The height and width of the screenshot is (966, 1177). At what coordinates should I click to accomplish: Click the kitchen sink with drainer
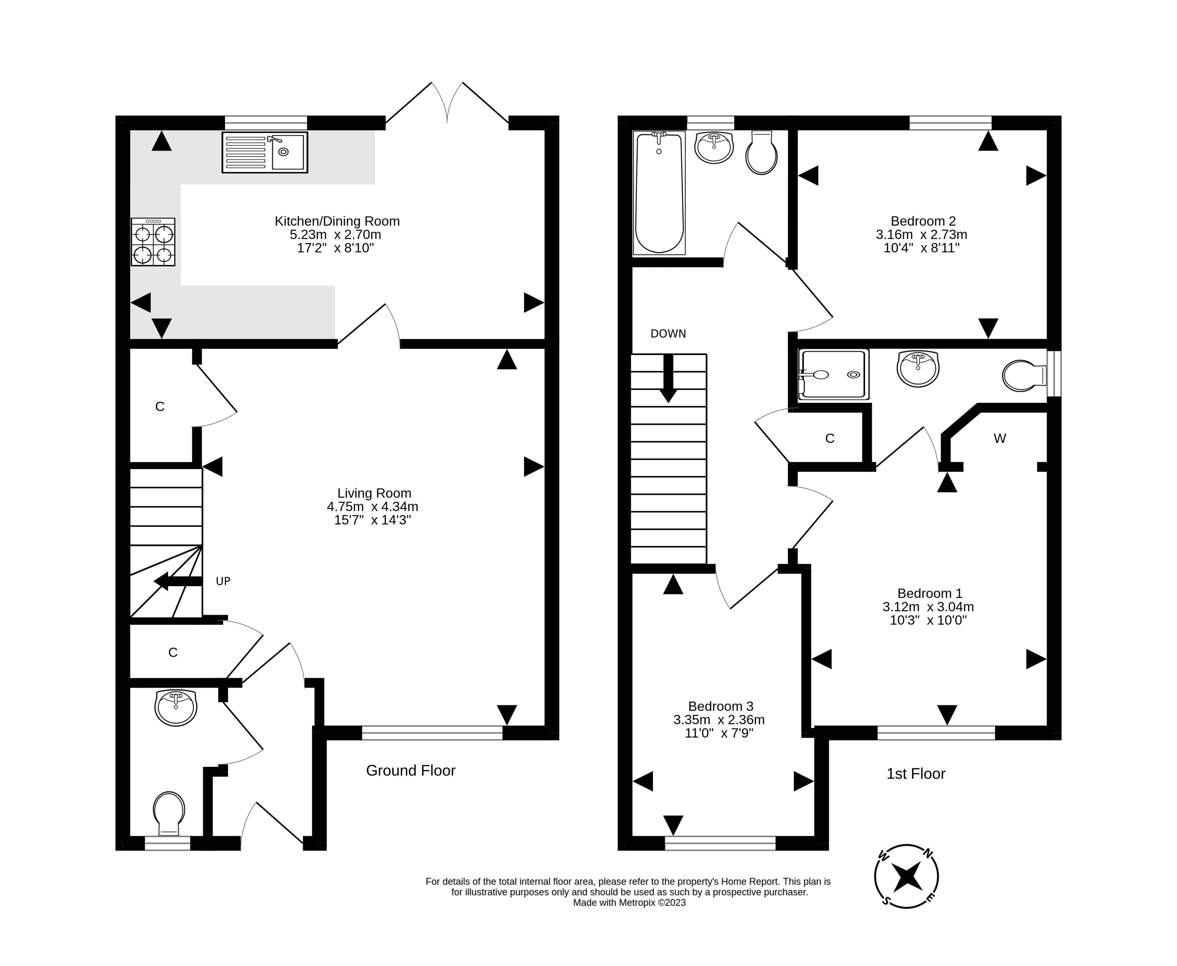tap(264, 152)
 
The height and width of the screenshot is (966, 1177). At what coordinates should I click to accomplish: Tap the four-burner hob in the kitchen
tap(153, 242)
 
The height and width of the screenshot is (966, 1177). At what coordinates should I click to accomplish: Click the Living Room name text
tap(374, 493)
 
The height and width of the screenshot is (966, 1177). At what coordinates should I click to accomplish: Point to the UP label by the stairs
tap(223, 581)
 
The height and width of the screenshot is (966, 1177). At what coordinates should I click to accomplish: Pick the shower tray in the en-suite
tap(833, 375)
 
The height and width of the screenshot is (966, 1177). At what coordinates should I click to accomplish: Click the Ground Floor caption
tap(411, 771)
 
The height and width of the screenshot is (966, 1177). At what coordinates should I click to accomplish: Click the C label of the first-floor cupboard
tap(830, 438)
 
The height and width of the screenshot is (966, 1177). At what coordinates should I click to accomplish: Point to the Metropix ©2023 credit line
tap(629, 902)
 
